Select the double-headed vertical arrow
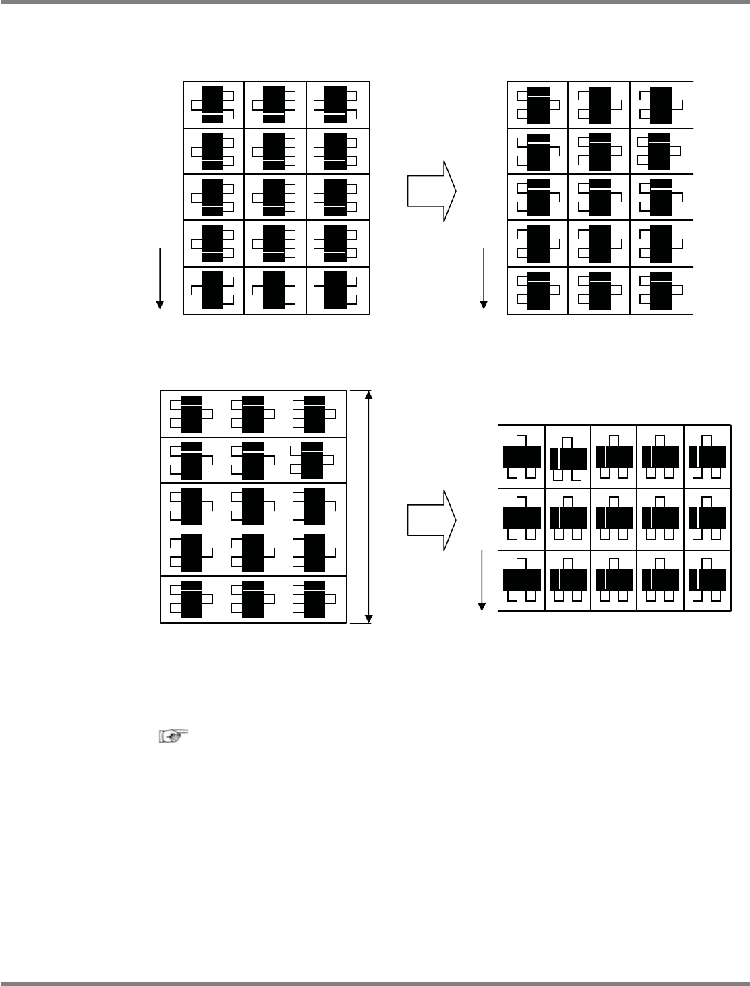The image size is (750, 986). point(368,506)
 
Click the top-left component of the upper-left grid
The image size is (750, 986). point(212,105)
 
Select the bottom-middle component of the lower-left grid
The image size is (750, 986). point(252,599)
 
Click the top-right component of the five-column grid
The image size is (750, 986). point(707,457)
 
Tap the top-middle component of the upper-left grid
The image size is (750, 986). point(274,105)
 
